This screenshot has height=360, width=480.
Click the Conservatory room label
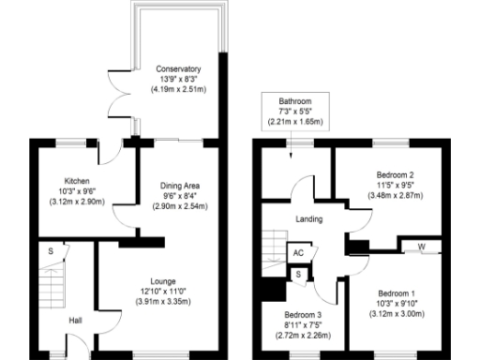coord(178,69)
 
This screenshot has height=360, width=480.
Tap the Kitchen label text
coord(77,180)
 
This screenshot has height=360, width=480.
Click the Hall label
coord(76,322)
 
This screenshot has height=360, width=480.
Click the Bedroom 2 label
coord(395,175)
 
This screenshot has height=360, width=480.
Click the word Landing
coord(308,219)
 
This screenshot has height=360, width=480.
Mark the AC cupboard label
coord(298,253)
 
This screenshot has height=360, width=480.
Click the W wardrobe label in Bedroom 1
coord(421,247)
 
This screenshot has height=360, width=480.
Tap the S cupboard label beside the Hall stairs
coord(64,250)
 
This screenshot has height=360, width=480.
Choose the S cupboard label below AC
coord(298,274)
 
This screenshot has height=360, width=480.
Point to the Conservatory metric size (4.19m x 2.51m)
coord(178,90)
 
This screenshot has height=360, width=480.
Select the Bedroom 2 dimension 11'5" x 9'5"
coord(395,186)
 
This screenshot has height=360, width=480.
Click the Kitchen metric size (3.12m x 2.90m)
coord(77,202)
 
